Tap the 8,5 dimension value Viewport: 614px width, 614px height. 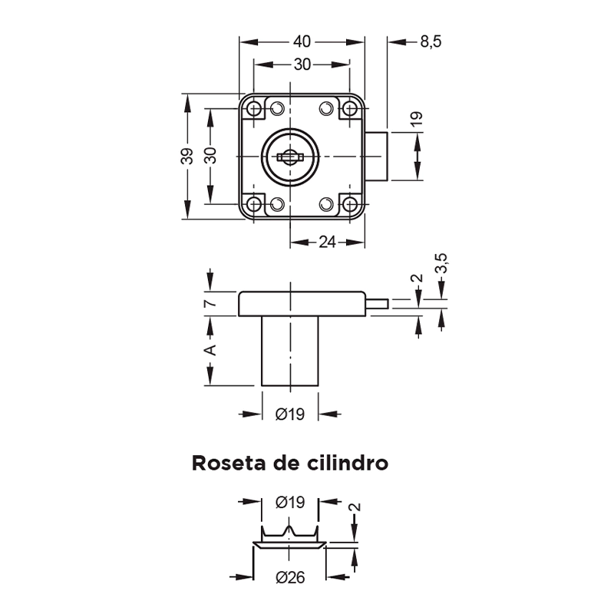(x=431, y=41)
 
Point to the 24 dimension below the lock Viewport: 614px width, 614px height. (x=327, y=243)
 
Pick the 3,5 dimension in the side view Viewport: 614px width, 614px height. (x=441, y=263)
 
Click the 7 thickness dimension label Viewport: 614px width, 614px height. (x=210, y=303)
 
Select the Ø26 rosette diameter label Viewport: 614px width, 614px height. (x=289, y=577)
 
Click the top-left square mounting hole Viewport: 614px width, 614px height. (x=254, y=110)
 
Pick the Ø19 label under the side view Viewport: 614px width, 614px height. (x=289, y=414)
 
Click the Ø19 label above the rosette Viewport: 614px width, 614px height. (x=289, y=502)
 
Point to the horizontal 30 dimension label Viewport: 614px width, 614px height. (x=301, y=65)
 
